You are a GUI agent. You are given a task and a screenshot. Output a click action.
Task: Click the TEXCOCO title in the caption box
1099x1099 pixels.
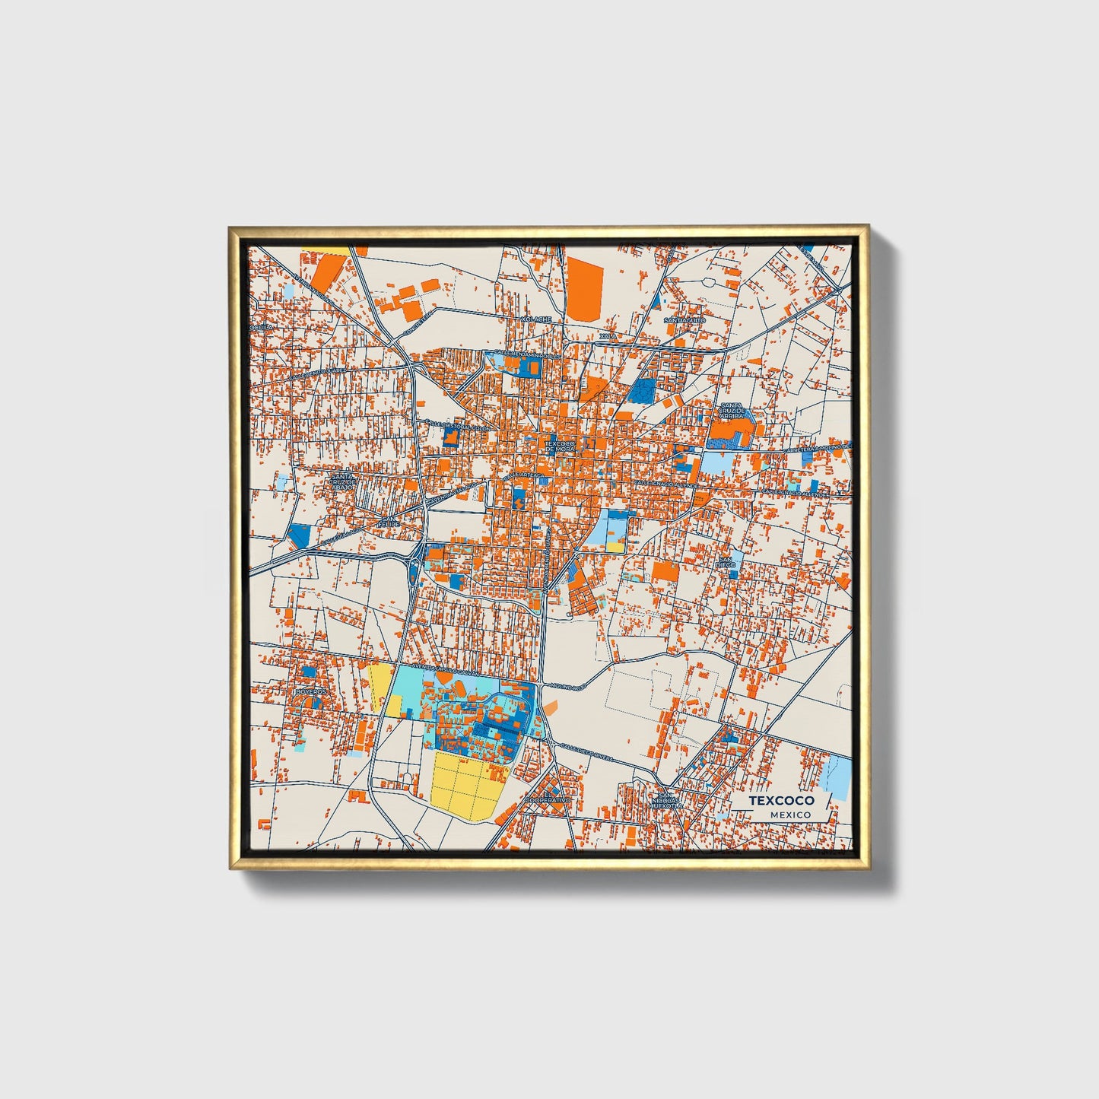pyautogui.click(x=781, y=801)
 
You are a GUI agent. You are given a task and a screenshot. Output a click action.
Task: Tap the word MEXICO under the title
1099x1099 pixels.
pyautogui.click(x=789, y=815)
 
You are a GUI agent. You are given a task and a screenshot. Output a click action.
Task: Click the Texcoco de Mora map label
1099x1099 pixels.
pyautogui.click(x=561, y=446)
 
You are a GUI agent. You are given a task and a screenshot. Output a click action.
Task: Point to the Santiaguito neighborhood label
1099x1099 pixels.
pyautogui.click(x=684, y=320)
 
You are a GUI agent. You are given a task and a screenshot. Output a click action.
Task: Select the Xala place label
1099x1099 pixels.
pyautogui.click(x=608, y=335)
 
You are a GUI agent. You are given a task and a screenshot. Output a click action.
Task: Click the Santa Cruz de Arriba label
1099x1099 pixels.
pyautogui.click(x=732, y=411)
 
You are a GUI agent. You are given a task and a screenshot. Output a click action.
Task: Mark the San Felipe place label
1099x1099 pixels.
pyautogui.click(x=389, y=522)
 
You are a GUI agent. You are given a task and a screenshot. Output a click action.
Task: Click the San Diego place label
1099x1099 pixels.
pyautogui.click(x=726, y=563)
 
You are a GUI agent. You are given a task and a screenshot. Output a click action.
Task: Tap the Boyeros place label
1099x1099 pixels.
pyautogui.click(x=311, y=692)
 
